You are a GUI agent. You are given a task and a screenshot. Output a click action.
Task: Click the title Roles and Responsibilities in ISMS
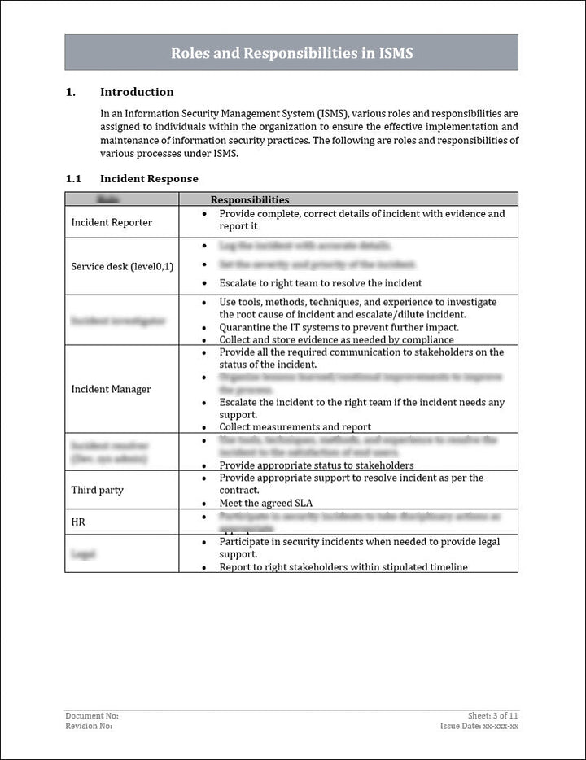[x=291, y=53]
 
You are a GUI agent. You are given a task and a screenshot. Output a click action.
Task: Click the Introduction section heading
[x=136, y=92]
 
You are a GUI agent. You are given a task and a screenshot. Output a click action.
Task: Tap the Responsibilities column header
[x=250, y=199]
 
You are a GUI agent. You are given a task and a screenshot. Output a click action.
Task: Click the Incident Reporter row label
[x=112, y=222]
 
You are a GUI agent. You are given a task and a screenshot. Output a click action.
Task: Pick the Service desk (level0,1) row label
[x=122, y=266]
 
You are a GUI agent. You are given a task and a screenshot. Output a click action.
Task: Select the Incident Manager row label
[x=111, y=389]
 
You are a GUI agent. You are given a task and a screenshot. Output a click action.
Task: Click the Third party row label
[x=98, y=490]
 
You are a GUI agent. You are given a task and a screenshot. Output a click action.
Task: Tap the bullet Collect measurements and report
[x=295, y=426]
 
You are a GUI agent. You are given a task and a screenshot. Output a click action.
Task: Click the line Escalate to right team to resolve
[x=320, y=283]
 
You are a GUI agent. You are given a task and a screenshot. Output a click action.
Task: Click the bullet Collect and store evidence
[x=336, y=339]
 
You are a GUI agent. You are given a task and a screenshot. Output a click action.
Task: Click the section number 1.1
[x=73, y=178]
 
